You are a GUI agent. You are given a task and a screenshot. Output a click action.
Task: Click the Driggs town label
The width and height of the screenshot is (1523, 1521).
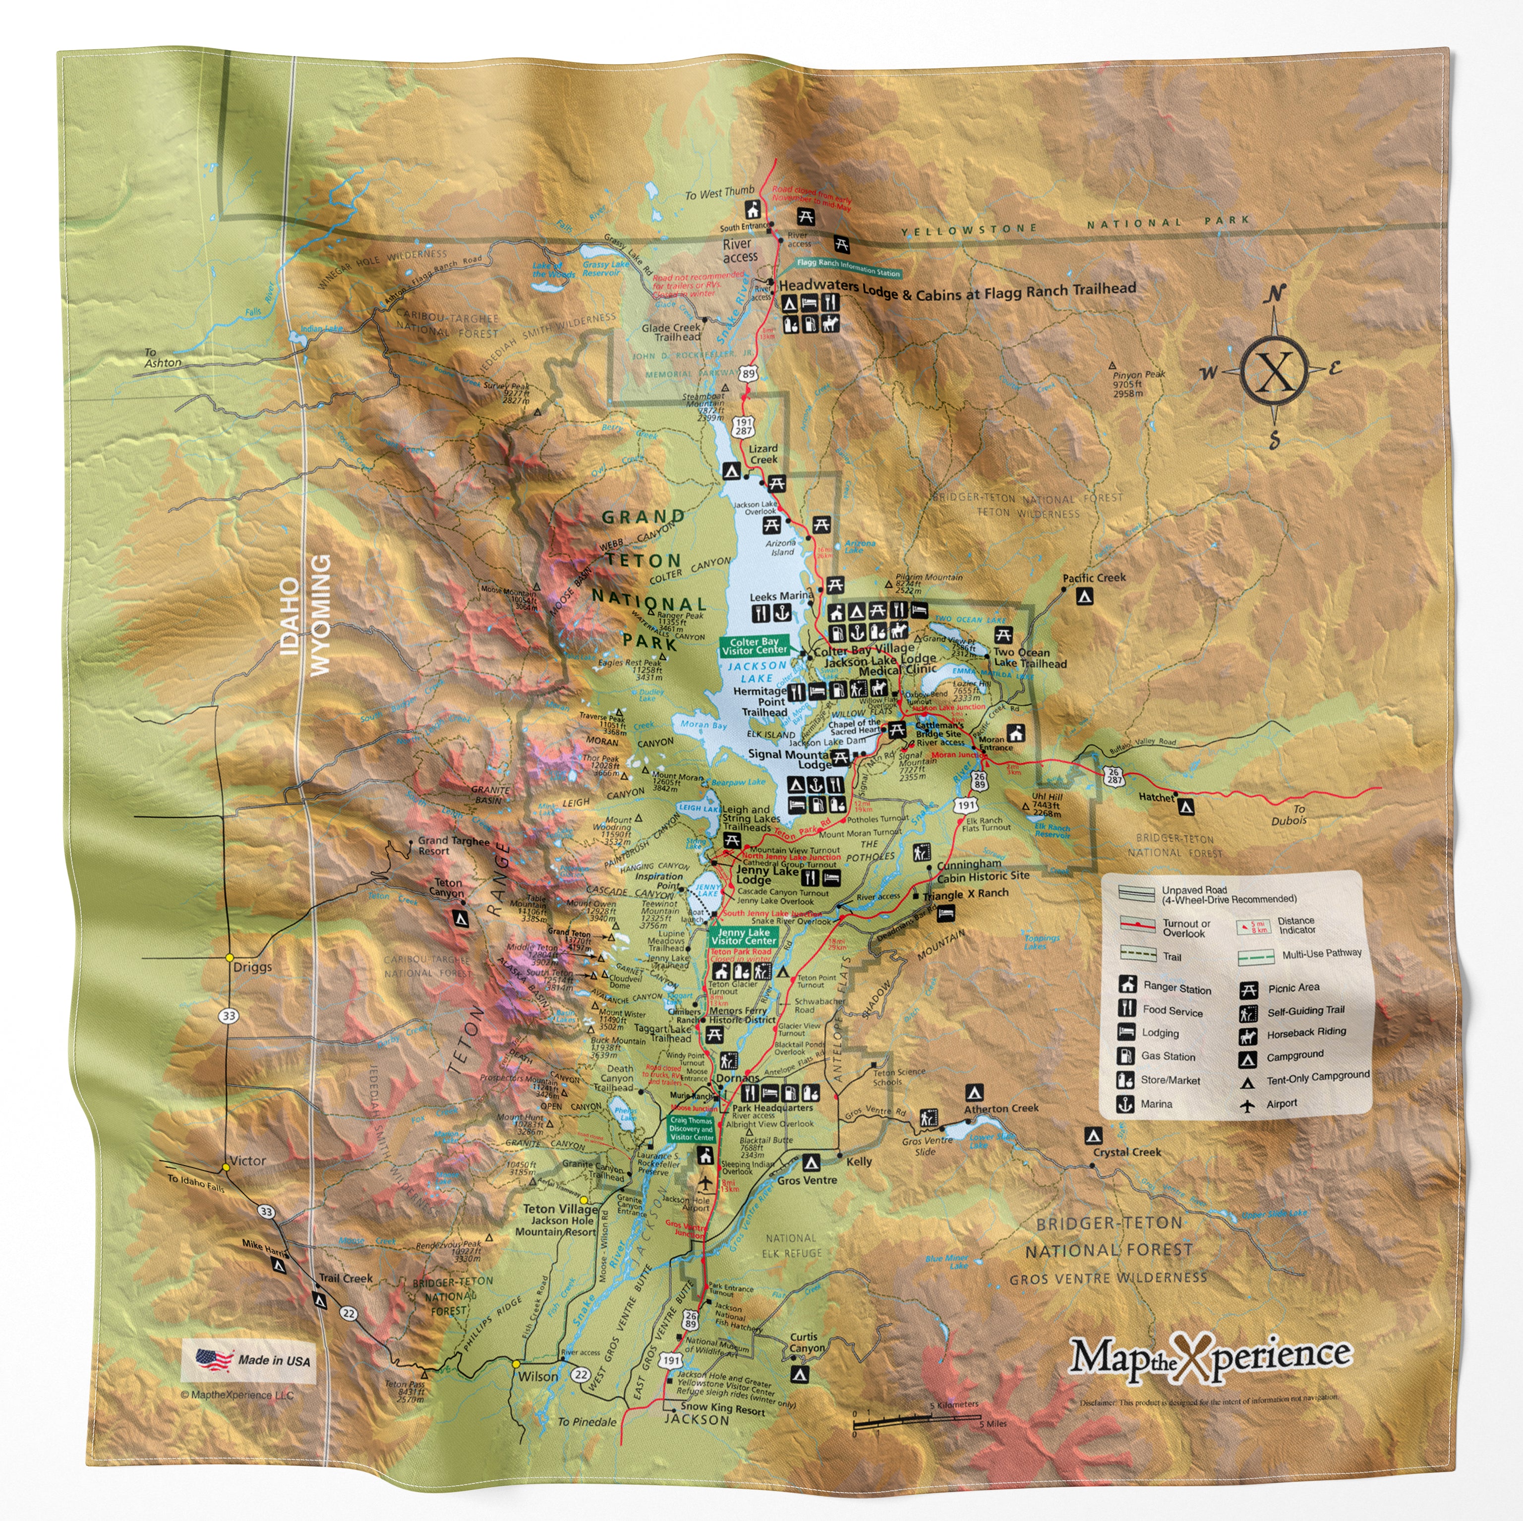pyautogui.click(x=252, y=967)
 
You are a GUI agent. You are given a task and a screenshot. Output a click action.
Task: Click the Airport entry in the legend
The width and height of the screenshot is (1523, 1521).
pyautogui.click(x=1281, y=1103)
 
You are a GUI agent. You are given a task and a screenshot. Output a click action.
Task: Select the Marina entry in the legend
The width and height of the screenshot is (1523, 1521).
pyautogui.click(x=1156, y=1104)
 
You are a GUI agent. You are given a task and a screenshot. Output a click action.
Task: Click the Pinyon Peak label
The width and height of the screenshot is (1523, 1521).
pyautogui.click(x=1138, y=374)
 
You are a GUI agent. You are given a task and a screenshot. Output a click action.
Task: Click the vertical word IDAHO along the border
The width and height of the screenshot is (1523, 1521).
pyautogui.click(x=290, y=617)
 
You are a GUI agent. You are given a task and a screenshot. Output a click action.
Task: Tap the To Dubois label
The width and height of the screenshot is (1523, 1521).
pyautogui.click(x=1288, y=815)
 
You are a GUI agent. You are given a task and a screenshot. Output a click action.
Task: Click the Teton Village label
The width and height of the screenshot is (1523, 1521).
pyautogui.click(x=561, y=1209)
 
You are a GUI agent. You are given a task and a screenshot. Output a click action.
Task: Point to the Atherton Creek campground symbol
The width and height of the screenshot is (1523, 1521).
pyautogui.click(x=974, y=1092)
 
